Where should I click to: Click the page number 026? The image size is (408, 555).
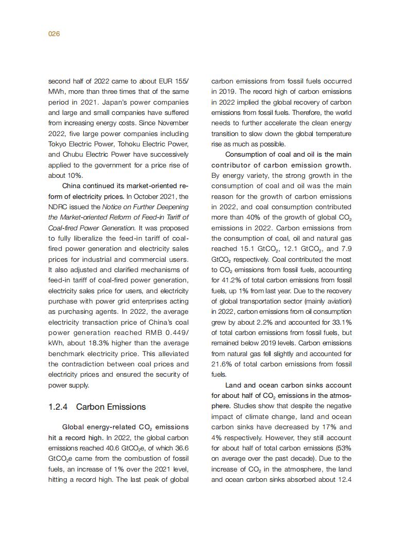pyautogui.click(x=54, y=34)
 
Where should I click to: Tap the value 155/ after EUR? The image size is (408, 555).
pyautogui.click(x=180, y=81)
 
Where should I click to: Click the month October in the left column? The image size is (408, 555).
pyautogui.click(x=146, y=196)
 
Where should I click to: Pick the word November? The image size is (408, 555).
pyautogui.click(x=172, y=123)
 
